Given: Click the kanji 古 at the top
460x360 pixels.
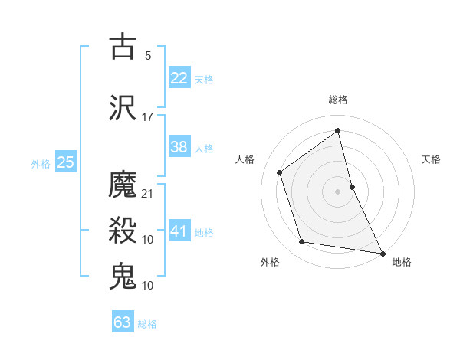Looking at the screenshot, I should tap(123, 47).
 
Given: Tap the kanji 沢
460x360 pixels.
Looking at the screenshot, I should tap(123, 108).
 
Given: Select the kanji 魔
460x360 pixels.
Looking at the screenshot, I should tap(123, 185).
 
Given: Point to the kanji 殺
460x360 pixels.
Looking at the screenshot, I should tap(123, 231).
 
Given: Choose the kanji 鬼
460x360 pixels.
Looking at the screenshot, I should tap(123, 277).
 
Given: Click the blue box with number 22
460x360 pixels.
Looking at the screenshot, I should tap(179, 77).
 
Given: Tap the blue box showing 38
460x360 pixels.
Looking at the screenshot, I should tap(179, 148).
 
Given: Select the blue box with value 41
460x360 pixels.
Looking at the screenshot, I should tap(179, 231).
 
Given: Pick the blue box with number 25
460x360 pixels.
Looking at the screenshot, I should tap(65, 162).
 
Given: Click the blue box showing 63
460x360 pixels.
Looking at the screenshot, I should tap(123, 322).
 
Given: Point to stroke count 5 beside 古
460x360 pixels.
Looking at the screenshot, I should tap(147, 55).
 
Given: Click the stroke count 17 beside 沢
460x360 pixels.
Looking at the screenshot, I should tap(147, 117).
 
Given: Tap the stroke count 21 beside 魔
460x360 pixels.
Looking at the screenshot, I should tap(148, 193).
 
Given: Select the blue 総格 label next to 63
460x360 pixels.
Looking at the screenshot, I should tap(147, 324).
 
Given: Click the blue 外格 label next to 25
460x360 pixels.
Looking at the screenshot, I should tap(41, 163).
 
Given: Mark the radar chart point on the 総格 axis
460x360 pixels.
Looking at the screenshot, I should tap(337, 130).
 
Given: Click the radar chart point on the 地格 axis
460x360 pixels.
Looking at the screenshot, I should tap(382, 252).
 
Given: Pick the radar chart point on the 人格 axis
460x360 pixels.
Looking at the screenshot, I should tap(280, 172).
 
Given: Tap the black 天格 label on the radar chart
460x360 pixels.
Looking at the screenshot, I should tap(432, 160).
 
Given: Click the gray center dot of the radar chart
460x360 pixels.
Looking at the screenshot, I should tap(337, 191).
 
